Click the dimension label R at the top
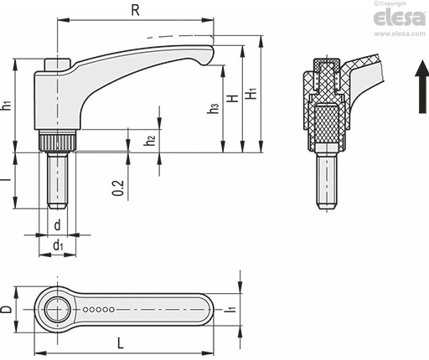135,10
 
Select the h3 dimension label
213,108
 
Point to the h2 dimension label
150,140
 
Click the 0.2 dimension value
118,188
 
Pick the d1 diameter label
58,245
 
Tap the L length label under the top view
121,343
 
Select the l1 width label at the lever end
231,309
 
